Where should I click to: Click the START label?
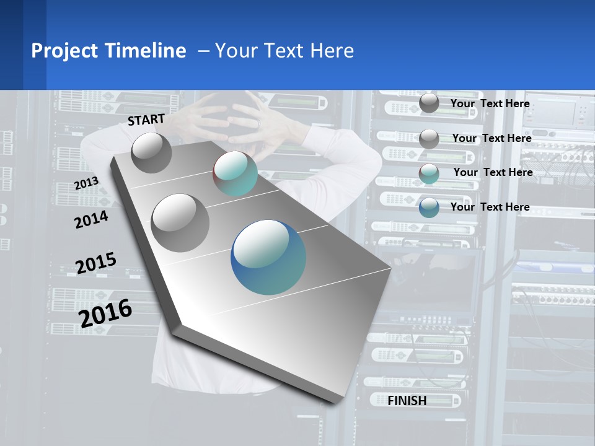point(146,120)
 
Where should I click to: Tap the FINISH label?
point(407,401)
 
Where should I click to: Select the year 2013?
point(86,183)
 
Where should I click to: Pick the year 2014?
point(91,219)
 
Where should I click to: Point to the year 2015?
point(95,263)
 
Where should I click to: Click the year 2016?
point(105,313)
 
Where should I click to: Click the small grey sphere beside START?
point(151,152)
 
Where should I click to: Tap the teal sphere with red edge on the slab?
point(235,174)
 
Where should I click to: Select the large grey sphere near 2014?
point(180,222)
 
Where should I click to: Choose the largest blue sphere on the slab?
point(268,256)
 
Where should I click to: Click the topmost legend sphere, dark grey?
point(429,103)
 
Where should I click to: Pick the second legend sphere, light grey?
point(429,138)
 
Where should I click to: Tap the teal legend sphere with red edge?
point(429,173)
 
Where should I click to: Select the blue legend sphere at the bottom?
point(429,208)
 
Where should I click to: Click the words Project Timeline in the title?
point(108,51)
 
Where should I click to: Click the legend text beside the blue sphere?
point(490,207)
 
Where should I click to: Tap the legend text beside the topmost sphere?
point(490,103)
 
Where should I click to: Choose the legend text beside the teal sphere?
point(493,172)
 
